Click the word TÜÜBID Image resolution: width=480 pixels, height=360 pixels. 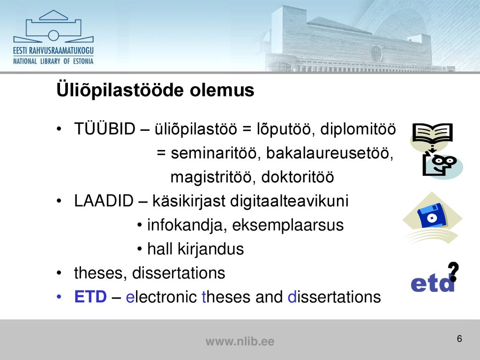click(x=105, y=128)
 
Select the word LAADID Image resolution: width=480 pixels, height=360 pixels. click(x=104, y=201)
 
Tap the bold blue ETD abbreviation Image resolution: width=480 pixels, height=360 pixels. click(x=90, y=297)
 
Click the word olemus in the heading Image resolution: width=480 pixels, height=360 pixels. click(x=222, y=90)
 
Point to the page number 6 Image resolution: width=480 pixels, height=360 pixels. click(x=459, y=338)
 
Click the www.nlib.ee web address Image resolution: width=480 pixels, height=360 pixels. click(x=240, y=341)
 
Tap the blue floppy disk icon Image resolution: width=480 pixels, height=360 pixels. click(x=432, y=216)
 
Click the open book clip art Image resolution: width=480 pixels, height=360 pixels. click(x=432, y=133)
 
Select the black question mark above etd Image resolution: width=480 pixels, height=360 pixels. click(x=453, y=271)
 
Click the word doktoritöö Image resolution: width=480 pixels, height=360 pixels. click(x=298, y=177)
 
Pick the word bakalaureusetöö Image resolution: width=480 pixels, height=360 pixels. click(x=330, y=153)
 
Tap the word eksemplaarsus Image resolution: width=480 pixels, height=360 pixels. click(x=288, y=225)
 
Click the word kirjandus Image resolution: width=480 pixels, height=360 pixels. click(x=210, y=249)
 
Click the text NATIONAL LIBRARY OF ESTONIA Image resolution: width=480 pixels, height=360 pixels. click(x=53, y=61)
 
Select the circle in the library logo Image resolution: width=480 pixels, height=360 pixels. click(x=53, y=36)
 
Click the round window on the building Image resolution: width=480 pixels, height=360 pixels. click(x=376, y=53)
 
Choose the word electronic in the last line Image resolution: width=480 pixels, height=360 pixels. click(x=161, y=297)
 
